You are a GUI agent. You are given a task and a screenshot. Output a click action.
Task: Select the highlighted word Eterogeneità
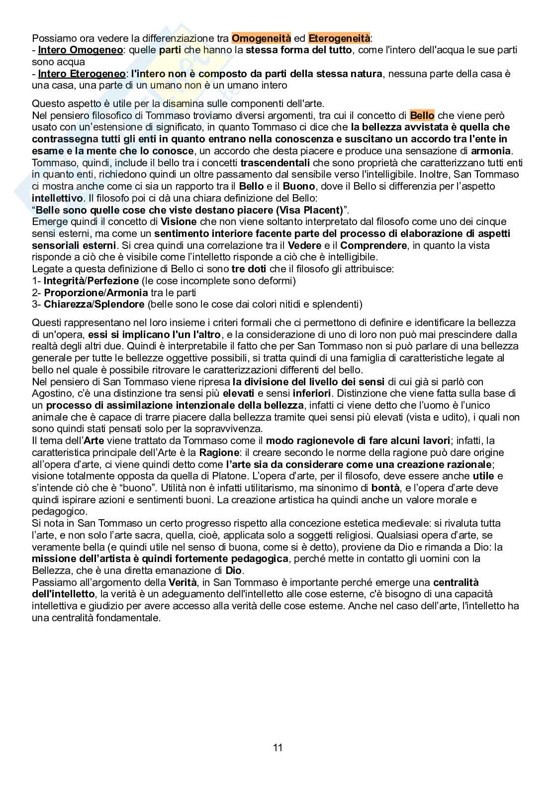tap(339, 38)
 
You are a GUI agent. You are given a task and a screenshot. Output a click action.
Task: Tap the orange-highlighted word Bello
tap(422, 115)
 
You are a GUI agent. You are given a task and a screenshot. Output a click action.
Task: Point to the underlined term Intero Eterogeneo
tap(82, 74)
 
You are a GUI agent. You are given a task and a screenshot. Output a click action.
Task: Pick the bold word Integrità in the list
tap(65, 281)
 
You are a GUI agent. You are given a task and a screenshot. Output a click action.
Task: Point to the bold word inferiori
tap(313, 393)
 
